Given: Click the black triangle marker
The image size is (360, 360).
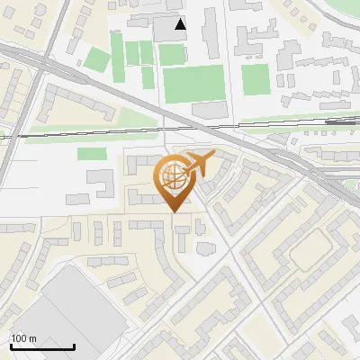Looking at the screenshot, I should (x=181, y=24).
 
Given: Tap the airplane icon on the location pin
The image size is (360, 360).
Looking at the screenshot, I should (x=199, y=164).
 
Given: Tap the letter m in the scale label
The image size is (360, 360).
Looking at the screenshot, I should (x=33, y=338).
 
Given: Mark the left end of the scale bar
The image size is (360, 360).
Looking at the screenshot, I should (x=11, y=347).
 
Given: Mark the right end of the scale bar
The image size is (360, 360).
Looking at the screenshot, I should (x=75, y=347).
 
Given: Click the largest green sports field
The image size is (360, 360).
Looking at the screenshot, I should (x=193, y=83).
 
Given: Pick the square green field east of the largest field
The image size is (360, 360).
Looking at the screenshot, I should (x=256, y=79).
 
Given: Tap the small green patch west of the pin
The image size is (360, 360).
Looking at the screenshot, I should (x=92, y=154).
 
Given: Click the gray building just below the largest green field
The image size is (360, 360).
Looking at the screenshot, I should (x=208, y=109).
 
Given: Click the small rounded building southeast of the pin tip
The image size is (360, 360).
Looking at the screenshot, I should (x=202, y=247).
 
